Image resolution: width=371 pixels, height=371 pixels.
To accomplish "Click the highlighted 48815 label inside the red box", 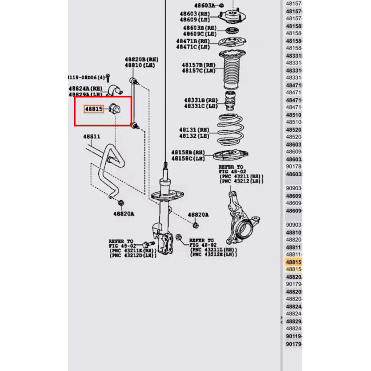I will coord(92,109).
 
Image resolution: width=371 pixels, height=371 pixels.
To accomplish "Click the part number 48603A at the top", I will coord(205,5).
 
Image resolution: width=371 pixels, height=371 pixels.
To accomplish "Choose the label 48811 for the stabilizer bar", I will coord(92,137).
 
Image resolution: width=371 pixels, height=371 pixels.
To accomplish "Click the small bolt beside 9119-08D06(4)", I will coord(108,77).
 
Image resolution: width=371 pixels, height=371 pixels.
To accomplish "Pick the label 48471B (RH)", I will coord(193,41).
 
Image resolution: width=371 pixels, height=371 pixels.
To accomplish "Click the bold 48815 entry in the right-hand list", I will coord(293,262).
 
